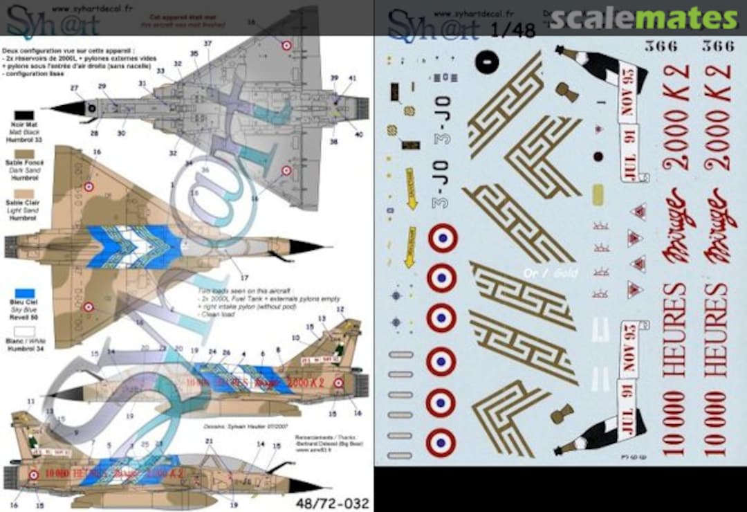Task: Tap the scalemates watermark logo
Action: [x=643, y=19]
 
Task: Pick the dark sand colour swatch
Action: [x=24, y=153]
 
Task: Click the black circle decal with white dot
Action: [x=487, y=62]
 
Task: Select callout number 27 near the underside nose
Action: [x=74, y=88]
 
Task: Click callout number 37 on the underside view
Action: [x=208, y=44]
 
